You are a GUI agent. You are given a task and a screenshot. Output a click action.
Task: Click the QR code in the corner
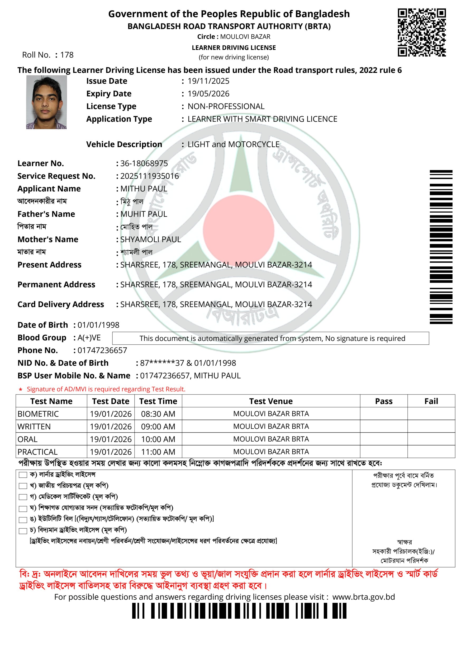click(422, 32)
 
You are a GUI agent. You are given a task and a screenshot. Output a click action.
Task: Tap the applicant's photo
click(46, 102)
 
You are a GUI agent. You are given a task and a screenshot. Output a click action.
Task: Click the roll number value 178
click(67, 55)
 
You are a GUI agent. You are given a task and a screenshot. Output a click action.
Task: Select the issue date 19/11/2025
click(208, 81)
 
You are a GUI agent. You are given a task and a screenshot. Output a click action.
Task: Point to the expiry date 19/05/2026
click(208, 94)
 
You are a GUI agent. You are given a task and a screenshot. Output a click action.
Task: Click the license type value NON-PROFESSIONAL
click(226, 106)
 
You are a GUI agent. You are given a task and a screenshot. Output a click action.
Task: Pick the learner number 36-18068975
click(144, 163)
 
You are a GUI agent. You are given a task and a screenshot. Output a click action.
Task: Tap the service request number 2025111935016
click(150, 176)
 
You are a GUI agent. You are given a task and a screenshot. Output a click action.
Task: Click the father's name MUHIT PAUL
click(144, 214)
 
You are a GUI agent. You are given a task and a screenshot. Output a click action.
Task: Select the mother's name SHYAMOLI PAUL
click(151, 239)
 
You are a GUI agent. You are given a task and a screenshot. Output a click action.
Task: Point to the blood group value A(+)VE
click(89, 337)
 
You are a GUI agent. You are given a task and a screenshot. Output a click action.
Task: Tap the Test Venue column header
click(271, 401)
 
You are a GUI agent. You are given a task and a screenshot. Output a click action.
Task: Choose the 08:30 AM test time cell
click(158, 414)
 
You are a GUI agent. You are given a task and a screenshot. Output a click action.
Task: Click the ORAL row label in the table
click(28, 439)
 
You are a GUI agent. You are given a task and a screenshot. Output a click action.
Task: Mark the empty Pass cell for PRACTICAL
click(383, 452)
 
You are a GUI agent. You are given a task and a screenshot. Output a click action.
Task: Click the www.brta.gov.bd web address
click(364, 597)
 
